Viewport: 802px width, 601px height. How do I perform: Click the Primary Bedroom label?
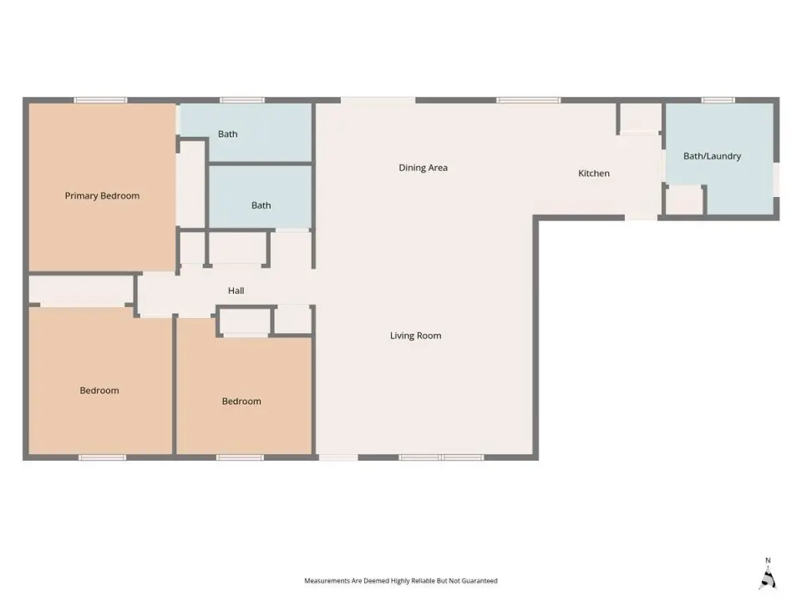point(102,195)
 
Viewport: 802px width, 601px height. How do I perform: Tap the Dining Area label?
point(423,168)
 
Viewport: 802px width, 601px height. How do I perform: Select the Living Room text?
point(415,336)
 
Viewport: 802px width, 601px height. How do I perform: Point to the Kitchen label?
point(594,174)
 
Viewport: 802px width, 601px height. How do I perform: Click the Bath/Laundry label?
point(712,156)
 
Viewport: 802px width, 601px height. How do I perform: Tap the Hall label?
point(236,290)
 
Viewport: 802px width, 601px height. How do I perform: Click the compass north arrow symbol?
point(768,578)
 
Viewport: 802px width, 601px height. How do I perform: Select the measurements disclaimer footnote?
point(401,581)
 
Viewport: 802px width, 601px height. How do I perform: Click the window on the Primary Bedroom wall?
point(100,100)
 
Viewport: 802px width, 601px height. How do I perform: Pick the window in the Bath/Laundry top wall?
point(718,100)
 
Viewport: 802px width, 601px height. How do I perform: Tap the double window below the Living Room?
point(441,457)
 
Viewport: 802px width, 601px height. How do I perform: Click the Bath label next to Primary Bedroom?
point(227,134)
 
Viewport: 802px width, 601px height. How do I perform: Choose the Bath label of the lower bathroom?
point(261,205)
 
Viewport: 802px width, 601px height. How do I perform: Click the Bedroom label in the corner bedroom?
point(99,391)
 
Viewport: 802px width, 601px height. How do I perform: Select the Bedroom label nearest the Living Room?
point(241,402)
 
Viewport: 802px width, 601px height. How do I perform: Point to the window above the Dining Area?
point(529,100)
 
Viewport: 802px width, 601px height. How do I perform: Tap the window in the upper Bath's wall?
point(242,100)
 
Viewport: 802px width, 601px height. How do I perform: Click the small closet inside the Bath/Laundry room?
point(684,199)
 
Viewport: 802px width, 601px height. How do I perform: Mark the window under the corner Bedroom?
point(102,457)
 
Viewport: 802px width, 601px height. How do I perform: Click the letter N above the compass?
point(768,561)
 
